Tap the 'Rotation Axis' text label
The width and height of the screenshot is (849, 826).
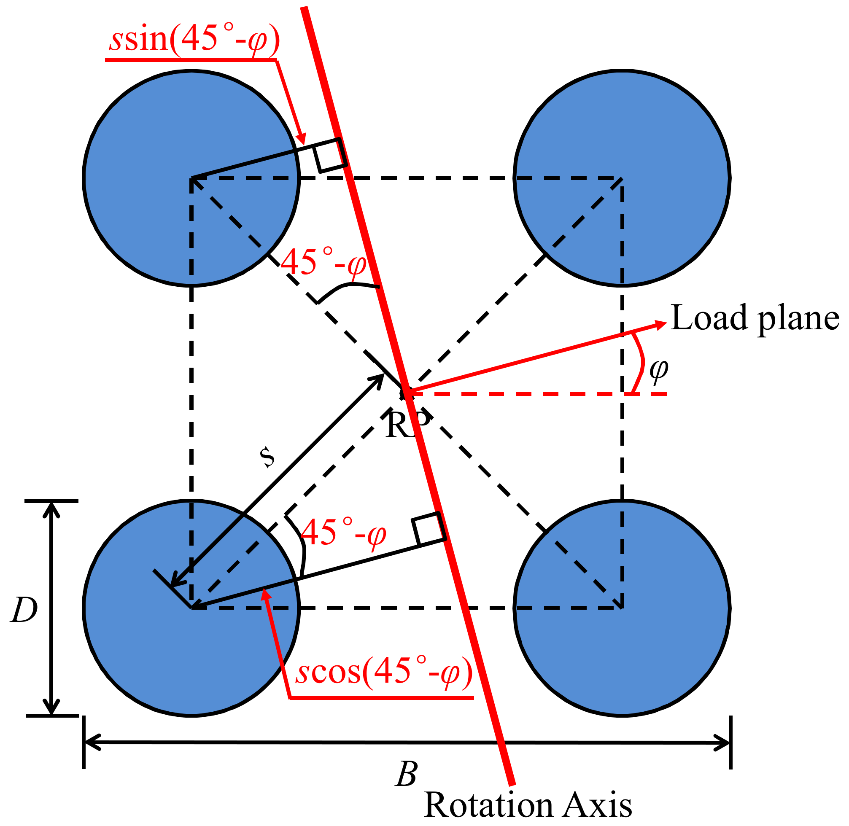pyautogui.click(x=527, y=804)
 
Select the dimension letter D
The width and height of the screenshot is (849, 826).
pyautogui.click(x=24, y=610)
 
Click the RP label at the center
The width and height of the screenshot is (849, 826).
pyautogui.click(x=407, y=425)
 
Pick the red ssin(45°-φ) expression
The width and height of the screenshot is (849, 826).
pyautogui.click(x=194, y=39)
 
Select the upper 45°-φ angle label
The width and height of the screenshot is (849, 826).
pyautogui.click(x=324, y=262)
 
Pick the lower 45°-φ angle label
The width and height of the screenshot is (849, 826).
pyautogui.click(x=343, y=532)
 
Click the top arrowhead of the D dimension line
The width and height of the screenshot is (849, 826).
pyautogui.click(x=51, y=510)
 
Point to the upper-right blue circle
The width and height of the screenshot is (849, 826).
pyautogui.click(x=622, y=178)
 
